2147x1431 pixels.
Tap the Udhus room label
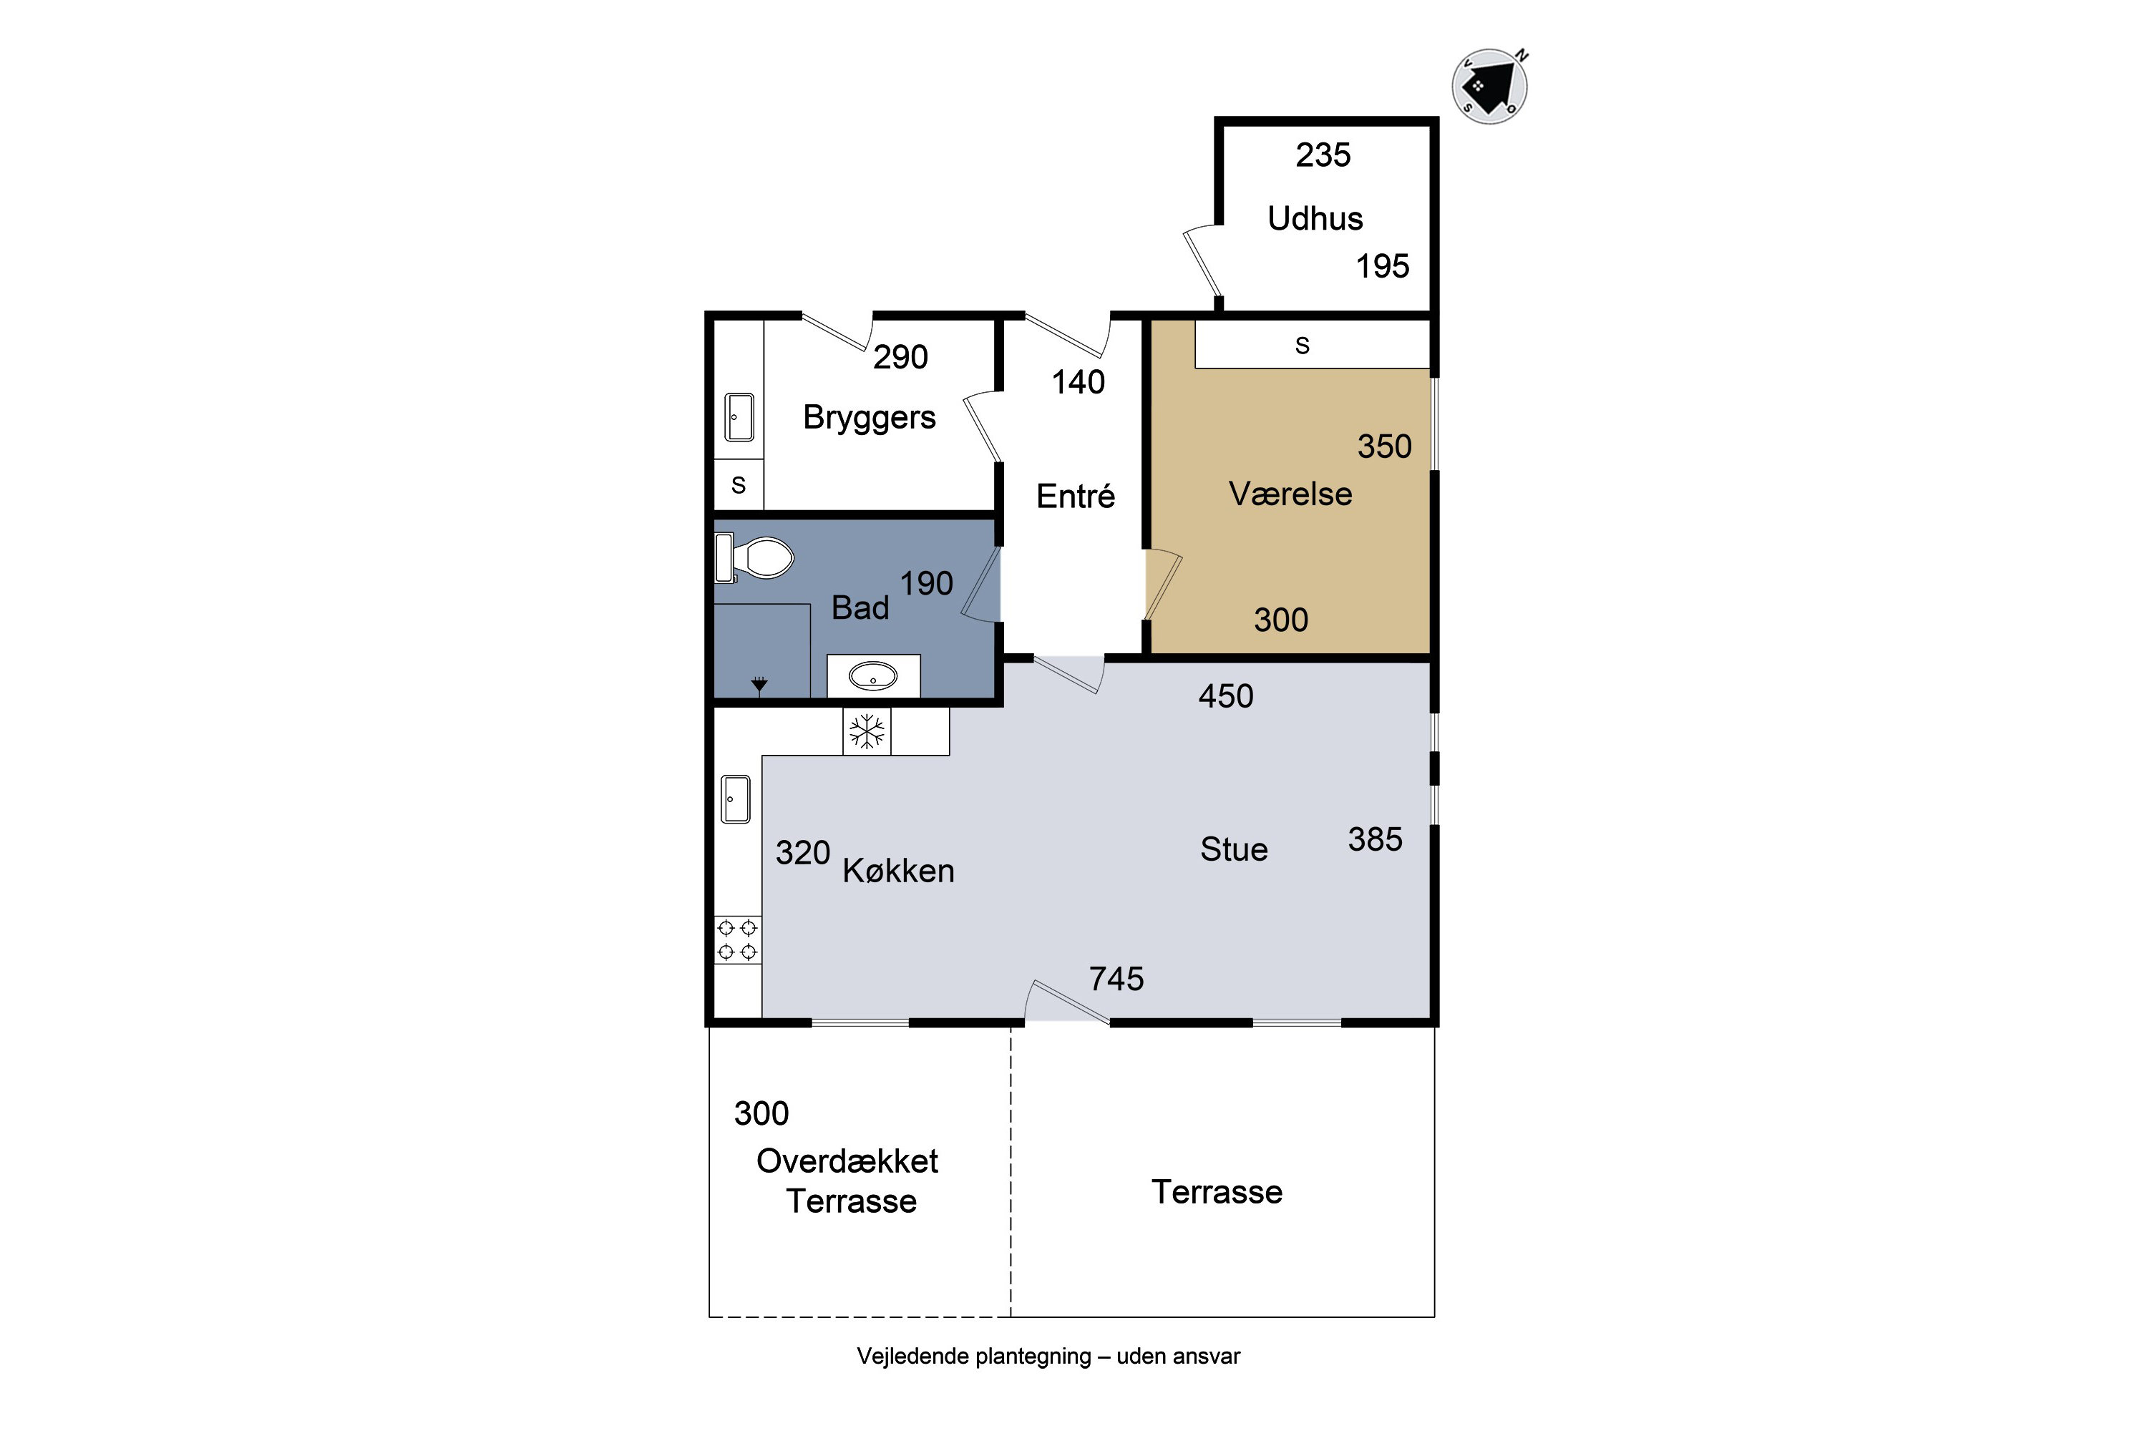click(x=1315, y=219)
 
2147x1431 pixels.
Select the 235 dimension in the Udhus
click(x=1323, y=155)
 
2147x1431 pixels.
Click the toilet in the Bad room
click(x=755, y=557)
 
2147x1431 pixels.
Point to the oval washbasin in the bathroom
click(x=872, y=676)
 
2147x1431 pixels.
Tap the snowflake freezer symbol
click(x=866, y=731)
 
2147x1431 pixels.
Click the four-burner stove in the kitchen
click(x=738, y=940)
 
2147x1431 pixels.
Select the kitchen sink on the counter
click(x=736, y=798)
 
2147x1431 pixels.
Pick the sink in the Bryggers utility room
click(x=739, y=417)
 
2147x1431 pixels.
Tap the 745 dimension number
click(x=1116, y=980)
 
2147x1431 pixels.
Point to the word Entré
click(x=1076, y=496)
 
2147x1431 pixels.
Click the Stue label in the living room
click(x=1233, y=850)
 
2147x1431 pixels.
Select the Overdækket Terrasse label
click(x=849, y=1181)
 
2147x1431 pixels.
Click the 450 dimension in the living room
click(x=1225, y=696)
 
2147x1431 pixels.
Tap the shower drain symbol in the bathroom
click(x=759, y=683)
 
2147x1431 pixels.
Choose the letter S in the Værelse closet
click(x=1302, y=345)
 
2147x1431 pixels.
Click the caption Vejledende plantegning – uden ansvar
click(x=1048, y=1356)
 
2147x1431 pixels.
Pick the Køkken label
click(x=898, y=871)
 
